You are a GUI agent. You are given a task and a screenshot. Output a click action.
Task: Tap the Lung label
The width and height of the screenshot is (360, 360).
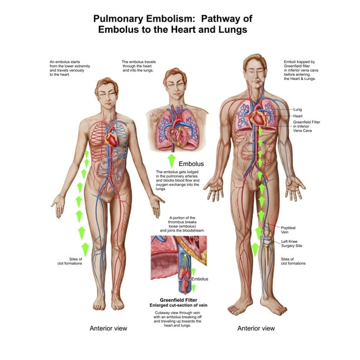(297, 109)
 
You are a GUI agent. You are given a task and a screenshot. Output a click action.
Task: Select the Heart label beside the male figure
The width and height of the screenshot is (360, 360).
(298, 116)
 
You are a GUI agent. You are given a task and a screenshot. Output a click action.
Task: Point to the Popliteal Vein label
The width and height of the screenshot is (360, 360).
(288, 230)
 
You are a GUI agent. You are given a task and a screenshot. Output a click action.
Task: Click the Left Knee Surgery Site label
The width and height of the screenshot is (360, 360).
(292, 244)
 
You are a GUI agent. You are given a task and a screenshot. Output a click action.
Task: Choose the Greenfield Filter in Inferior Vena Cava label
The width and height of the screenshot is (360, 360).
(306, 126)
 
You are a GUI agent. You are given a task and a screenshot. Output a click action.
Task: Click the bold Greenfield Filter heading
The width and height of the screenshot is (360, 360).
(178, 300)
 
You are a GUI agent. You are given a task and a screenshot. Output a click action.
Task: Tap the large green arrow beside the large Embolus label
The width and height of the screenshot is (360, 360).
(172, 161)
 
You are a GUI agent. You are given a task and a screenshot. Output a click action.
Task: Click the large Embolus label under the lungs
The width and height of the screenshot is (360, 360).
(191, 164)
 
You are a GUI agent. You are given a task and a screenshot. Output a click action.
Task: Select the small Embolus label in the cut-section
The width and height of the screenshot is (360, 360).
(200, 279)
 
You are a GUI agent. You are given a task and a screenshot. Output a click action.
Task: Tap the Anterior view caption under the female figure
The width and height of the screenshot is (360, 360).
(108, 328)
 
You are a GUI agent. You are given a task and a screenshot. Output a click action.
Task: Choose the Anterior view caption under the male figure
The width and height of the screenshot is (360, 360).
(256, 328)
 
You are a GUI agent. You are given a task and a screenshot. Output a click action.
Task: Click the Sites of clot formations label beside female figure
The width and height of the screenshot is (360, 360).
(69, 261)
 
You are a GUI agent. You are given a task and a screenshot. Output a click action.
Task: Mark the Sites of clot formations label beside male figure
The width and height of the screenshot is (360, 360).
(293, 261)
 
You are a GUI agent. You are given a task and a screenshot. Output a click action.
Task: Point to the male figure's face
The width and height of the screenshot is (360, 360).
(255, 76)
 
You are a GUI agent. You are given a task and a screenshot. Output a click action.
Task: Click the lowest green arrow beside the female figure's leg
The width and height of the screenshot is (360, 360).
(85, 249)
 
